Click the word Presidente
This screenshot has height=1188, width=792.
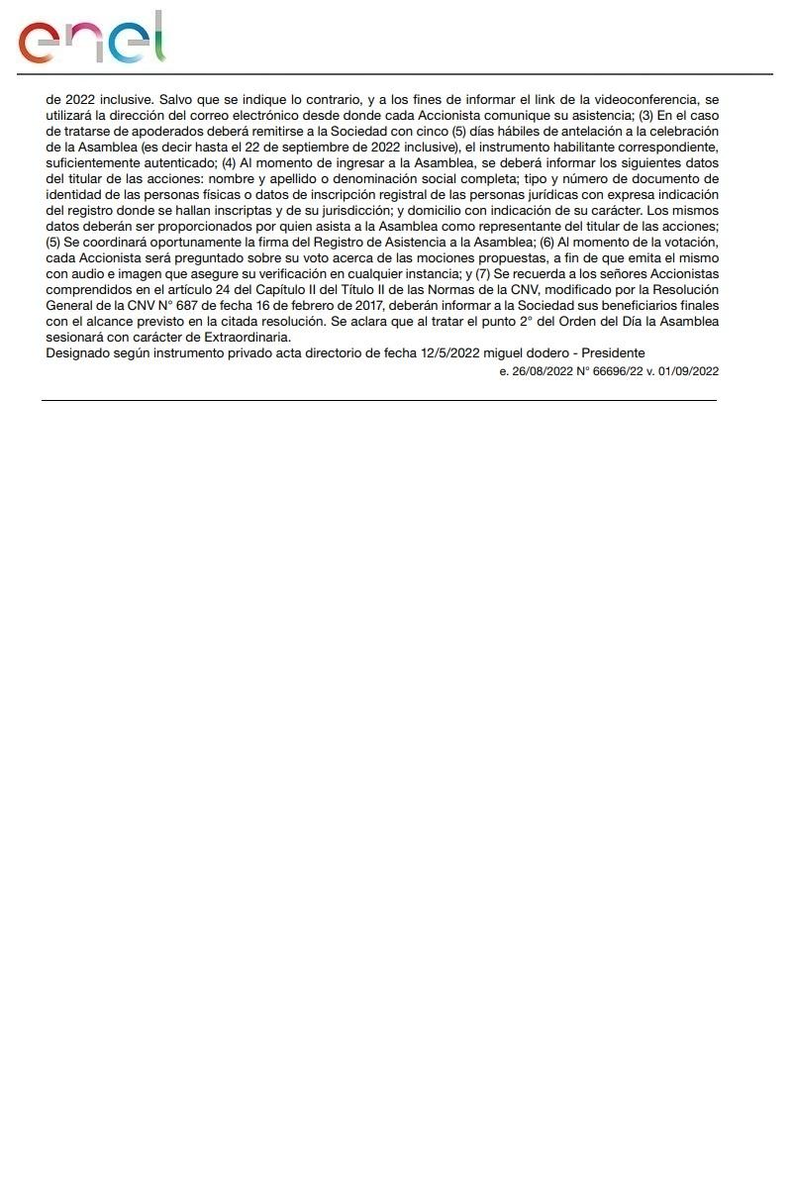(614, 352)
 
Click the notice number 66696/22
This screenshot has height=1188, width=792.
(625, 371)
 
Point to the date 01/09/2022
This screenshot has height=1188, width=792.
(690, 371)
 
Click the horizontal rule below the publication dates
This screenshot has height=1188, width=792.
(378, 400)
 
